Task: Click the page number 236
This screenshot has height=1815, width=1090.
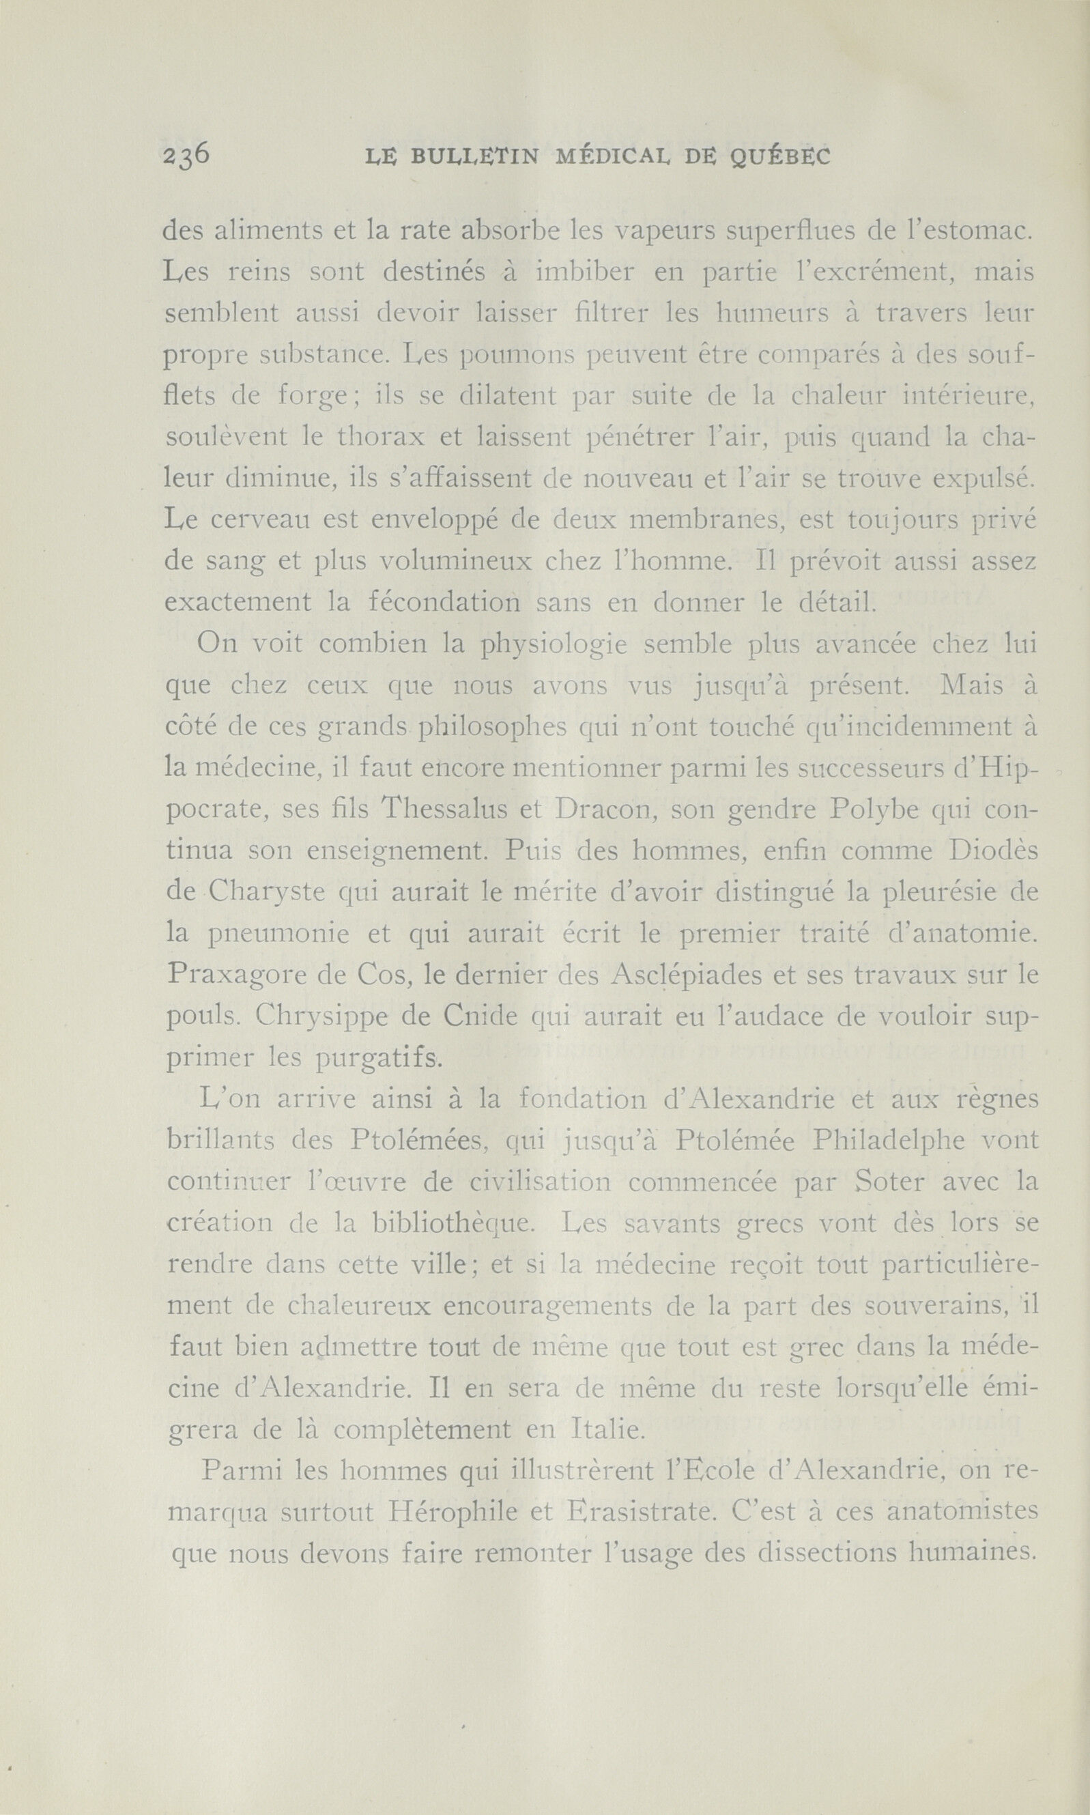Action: point(187,156)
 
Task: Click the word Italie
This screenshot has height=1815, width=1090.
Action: point(607,1429)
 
